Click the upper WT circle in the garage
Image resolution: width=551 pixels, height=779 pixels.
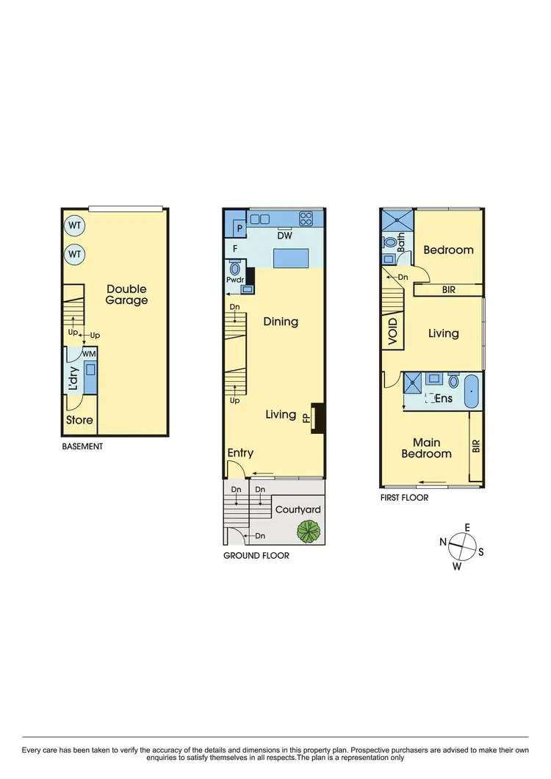coord(74,225)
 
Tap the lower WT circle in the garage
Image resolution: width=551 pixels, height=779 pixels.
coord(74,254)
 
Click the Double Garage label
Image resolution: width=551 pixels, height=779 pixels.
coord(126,294)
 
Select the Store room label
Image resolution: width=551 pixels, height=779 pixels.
coord(79,420)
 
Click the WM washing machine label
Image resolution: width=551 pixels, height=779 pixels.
coord(89,355)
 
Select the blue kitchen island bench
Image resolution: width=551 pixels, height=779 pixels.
coord(289,258)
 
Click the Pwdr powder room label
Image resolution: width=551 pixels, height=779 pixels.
coord(236,280)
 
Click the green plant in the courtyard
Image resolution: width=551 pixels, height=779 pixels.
coord(308,529)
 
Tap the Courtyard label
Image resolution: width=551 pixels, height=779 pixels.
coord(298,510)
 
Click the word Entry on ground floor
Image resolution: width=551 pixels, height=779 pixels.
coord(240,453)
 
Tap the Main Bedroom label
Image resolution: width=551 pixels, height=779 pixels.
coord(426,448)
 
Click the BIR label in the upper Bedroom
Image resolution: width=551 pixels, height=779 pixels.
coord(449,290)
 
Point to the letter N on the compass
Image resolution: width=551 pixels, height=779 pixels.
coord(444,542)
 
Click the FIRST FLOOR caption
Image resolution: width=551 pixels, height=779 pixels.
coord(405,497)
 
